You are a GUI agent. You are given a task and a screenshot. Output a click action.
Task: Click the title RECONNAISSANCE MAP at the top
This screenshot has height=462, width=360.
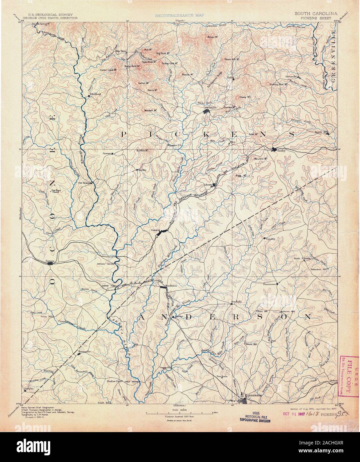[179, 15]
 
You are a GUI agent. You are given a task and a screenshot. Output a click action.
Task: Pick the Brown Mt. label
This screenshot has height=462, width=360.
[212, 37]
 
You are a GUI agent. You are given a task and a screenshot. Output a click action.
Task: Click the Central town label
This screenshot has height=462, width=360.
[155, 230]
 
